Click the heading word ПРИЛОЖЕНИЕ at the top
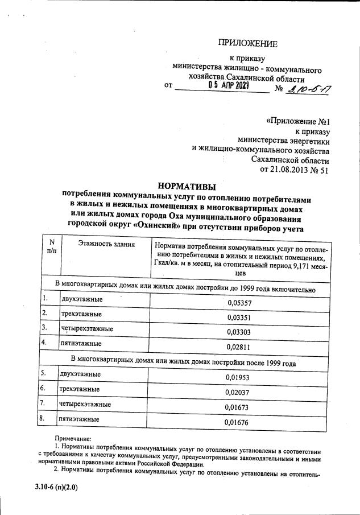pyautogui.click(x=249, y=44)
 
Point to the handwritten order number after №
pyautogui.click(x=311, y=88)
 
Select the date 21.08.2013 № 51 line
pyautogui.click(x=293, y=169)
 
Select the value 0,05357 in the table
pyautogui.click(x=239, y=304)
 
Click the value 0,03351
pyautogui.click(x=239, y=318)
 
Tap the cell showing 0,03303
pyautogui.click(x=239, y=332)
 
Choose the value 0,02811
pyautogui.click(x=239, y=347)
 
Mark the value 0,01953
pyautogui.click(x=237, y=378)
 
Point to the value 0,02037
pyautogui.click(x=237, y=392)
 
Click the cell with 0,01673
pyautogui.click(x=237, y=407)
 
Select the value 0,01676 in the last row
pyautogui.click(x=237, y=422)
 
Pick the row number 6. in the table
pyautogui.click(x=43, y=388)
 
